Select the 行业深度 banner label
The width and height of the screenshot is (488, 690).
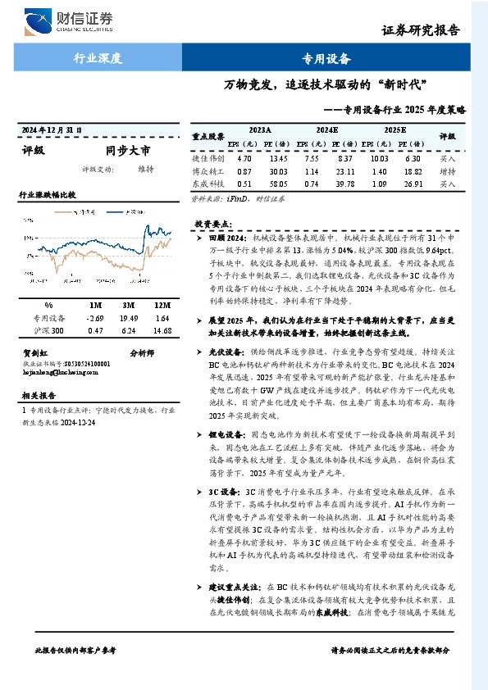98,58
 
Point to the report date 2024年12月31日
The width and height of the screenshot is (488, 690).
52,131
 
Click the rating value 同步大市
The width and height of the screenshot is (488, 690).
128,151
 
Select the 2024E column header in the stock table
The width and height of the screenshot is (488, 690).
326,129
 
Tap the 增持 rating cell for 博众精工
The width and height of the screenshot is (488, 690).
448,172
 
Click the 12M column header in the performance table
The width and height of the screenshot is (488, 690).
162,305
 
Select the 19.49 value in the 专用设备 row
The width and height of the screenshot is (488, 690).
129,317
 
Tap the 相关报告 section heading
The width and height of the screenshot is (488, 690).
38,395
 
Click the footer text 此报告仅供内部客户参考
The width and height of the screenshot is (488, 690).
75,649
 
